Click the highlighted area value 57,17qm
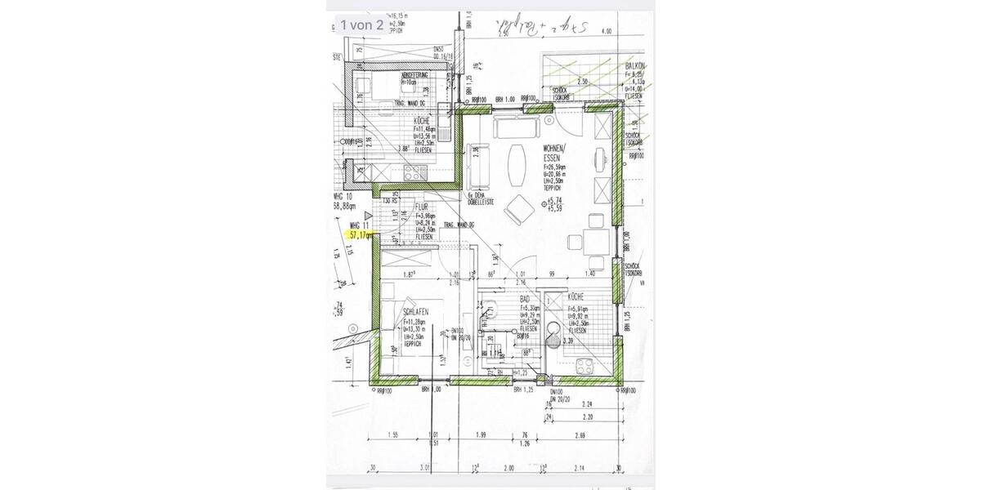coord(359,234)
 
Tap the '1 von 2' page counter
coord(362,24)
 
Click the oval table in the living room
coord(517,166)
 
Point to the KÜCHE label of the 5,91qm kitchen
coord(580,300)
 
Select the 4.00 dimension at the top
coord(606,31)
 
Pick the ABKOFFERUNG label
coord(415,76)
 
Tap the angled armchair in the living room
coord(520,209)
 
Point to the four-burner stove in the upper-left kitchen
coord(414,171)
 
